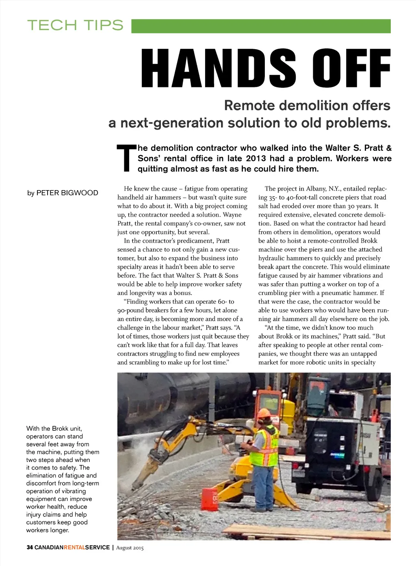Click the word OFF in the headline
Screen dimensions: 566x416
[x=351, y=68]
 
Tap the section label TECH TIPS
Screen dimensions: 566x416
[x=75, y=25]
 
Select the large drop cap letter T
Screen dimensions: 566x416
[x=126, y=158]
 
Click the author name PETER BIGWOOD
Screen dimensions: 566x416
[x=67, y=193]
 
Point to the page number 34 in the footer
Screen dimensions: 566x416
[x=30, y=547]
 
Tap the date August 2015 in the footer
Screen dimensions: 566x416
[x=130, y=548]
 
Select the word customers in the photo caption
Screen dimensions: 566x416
[x=41, y=522]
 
